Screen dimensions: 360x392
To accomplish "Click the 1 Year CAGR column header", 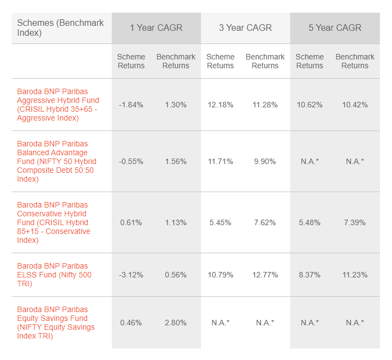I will pyautogui.click(x=156, y=28).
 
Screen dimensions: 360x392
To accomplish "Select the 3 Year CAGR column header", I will pyautogui.click(x=245, y=28).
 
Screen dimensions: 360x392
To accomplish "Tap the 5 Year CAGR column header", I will pyautogui.click(x=335, y=28).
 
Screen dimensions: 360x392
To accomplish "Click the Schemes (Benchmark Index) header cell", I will pyautogui.click(x=61, y=28).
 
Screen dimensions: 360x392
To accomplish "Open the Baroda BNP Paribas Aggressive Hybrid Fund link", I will pyautogui.click(x=58, y=105).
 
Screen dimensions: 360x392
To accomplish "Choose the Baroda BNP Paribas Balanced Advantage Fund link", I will pyautogui.click(x=57, y=161).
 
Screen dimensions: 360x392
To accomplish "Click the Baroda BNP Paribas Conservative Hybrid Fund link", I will pyautogui.click(x=54, y=222).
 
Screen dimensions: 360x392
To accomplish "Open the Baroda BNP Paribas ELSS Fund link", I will pyautogui.click(x=54, y=275).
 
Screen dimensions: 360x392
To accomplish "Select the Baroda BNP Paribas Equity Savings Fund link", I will pyautogui.click(x=56, y=323).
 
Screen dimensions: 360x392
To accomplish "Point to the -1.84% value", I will pyautogui.click(x=131, y=105).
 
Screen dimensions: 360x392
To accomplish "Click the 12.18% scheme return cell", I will pyautogui.click(x=220, y=105).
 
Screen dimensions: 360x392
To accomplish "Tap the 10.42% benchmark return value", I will pyautogui.click(x=355, y=105).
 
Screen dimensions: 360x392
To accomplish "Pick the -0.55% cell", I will pyautogui.click(x=131, y=161).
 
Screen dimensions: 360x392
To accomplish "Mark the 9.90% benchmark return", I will pyautogui.click(x=265, y=161).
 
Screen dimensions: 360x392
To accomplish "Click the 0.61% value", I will pyautogui.click(x=131, y=222).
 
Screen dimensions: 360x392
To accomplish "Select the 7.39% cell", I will pyautogui.click(x=355, y=222).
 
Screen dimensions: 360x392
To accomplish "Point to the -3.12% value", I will pyautogui.click(x=131, y=275).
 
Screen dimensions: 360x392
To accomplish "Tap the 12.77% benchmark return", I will pyautogui.click(x=265, y=275).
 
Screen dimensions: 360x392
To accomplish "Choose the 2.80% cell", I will pyautogui.click(x=176, y=323).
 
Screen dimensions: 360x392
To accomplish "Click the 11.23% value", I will pyautogui.click(x=355, y=275).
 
